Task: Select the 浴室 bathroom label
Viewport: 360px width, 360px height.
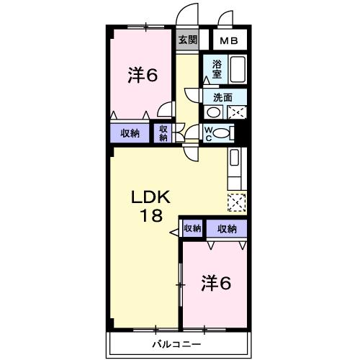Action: pyautogui.click(x=216, y=68)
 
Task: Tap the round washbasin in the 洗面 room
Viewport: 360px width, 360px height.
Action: pyautogui.click(x=213, y=112)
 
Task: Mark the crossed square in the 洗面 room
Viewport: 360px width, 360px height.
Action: pyautogui.click(x=236, y=112)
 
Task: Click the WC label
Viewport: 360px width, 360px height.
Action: pyautogui.click(x=207, y=132)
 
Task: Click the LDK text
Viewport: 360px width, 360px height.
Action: pyautogui.click(x=150, y=197)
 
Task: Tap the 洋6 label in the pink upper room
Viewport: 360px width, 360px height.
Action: pyautogui.click(x=143, y=75)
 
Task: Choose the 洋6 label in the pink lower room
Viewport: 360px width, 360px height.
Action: pyautogui.click(x=215, y=283)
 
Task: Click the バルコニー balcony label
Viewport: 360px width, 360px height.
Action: pyautogui.click(x=176, y=343)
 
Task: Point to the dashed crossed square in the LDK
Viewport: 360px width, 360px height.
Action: pyautogui.click(x=236, y=203)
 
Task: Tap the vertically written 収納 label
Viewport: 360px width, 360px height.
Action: pyautogui.click(x=163, y=133)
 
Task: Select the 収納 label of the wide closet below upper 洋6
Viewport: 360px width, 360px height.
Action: pyautogui.click(x=130, y=132)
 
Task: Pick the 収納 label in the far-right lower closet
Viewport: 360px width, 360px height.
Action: pyautogui.click(x=226, y=229)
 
